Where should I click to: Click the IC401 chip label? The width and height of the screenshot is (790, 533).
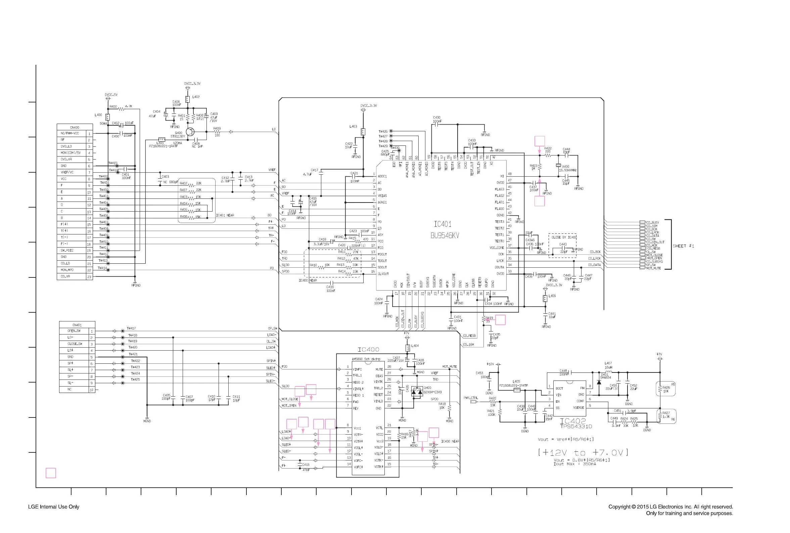click(443, 224)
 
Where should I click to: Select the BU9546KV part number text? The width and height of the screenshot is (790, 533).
click(445, 235)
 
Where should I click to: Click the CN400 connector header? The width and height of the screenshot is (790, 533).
click(75, 127)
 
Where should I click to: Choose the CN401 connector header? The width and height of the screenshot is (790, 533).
click(77, 325)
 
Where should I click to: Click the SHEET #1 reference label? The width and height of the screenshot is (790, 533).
click(683, 246)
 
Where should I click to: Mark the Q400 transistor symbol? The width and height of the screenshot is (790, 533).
click(190, 132)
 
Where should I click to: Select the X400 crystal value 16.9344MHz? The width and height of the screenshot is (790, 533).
click(569, 170)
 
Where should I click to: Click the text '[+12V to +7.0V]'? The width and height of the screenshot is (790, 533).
click(583, 452)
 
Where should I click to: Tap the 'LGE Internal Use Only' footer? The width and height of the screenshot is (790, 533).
click(54, 506)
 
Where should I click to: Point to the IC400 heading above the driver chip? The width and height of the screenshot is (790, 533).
click(368, 349)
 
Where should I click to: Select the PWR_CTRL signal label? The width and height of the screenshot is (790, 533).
click(471, 398)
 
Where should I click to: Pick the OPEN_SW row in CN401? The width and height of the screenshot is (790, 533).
click(74, 331)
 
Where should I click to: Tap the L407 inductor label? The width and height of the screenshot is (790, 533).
click(608, 363)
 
